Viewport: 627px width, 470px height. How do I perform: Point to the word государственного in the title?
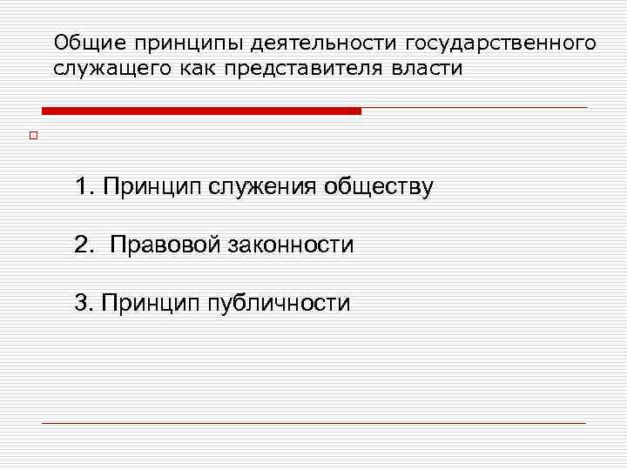pyautogui.click(x=499, y=43)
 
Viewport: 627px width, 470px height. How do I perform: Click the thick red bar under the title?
pyautogui.click(x=201, y=111)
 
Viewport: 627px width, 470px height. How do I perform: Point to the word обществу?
pyautogui.click(x=378, y=187)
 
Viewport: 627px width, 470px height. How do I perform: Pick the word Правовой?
pyautogui.click(x=165, y=245)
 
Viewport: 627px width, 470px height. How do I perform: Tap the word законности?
pyautogui.click(x=292, y=245)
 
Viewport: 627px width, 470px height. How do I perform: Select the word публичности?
pyautogui.click(x=279, y=304)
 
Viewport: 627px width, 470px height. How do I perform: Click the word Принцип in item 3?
pyautogui.click(x=149, y=304)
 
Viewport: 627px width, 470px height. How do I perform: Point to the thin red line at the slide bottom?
pyautogui.click(x=313, y=423)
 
